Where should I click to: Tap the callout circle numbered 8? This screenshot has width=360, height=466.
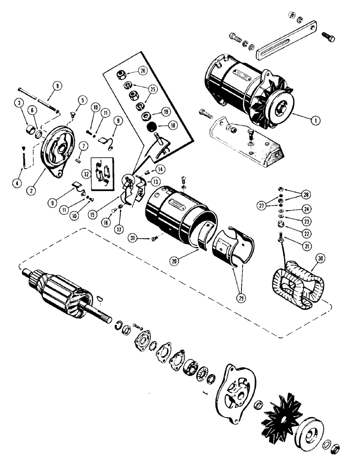(x=56, y=86)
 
